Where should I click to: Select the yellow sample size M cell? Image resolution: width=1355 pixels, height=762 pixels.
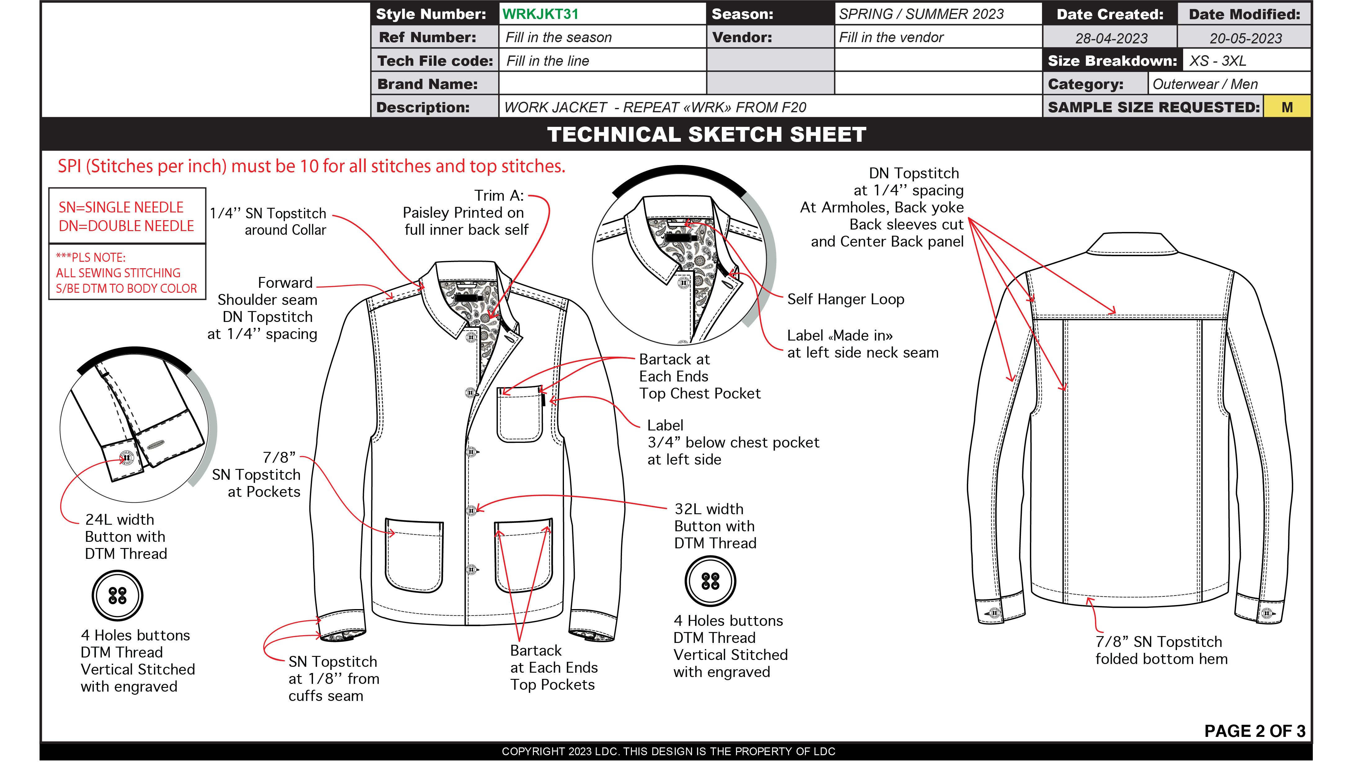[1287, 107]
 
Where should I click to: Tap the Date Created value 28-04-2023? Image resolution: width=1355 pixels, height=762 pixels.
[1111, 38]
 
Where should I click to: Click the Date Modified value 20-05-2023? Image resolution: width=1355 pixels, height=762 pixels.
[1245, 38]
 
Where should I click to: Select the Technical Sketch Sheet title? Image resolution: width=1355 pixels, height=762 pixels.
[706, 135]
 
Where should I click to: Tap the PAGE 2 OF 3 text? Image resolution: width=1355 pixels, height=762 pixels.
[1254, 731]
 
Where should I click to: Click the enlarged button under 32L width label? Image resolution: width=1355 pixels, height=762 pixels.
[710, 581]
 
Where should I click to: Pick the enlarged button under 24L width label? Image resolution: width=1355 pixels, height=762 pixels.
[117, 595]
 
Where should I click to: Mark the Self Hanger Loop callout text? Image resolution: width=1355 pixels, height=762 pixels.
[845, 299]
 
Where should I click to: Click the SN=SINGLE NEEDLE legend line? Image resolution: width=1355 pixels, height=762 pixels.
[121, 207]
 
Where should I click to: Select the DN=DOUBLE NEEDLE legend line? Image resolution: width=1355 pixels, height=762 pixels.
[126, 226]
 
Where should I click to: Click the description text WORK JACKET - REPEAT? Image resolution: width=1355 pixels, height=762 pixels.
[655, 107]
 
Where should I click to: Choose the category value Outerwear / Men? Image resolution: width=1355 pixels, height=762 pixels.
[1205, 84]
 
